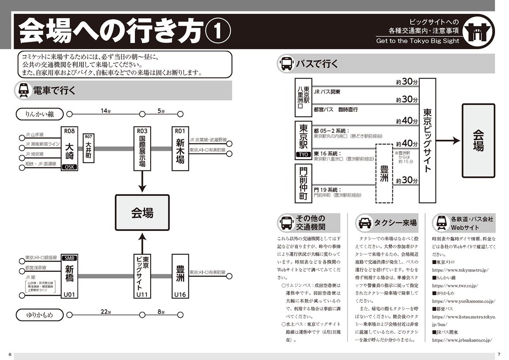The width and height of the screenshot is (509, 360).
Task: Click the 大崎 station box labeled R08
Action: pyautogui.click(x=70, y=148)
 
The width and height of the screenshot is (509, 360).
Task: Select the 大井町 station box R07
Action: pyautogui.click(x=88, y=148)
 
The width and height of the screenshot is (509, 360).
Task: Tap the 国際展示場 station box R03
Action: pyautogui.click(x=142, y=148)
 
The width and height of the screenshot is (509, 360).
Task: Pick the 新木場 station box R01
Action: pyautogui.click(x=179, y=148)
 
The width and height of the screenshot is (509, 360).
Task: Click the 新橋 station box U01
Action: pyautogui.click(x=70, y=276)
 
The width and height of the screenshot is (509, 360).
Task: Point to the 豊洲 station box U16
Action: pyautogui.click(x=180, y=276)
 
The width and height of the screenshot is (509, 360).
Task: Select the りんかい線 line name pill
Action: pyautogui.click(x=39, y=114)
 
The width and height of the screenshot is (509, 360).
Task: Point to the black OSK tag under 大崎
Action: pyautogui.click(x=70, y=167)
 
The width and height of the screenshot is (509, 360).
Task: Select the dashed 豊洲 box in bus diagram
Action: pyautogui.click(x=384, y=172)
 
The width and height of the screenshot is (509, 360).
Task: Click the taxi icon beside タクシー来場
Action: pyautogui.click(x=365, y=222)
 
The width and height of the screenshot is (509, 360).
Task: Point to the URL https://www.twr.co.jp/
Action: pyautogui.click(x=456, y=286)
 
